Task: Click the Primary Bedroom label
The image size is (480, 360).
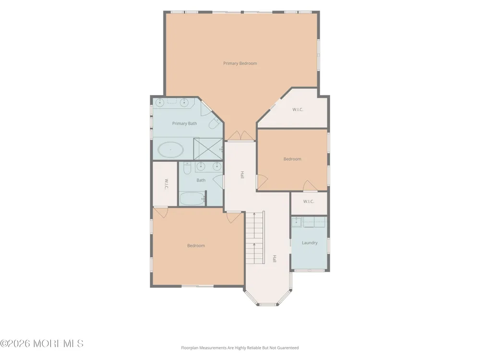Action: pyautogui.click(x=240, y=63)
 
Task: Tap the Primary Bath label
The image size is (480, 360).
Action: pyautogui.click(x=184, y=123)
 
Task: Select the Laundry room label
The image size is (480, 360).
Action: pyautogui.click(x=310, y=243)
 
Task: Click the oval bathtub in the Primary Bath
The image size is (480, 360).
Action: pyautogui.click(x=170, y=150)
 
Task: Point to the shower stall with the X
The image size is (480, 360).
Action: pyautogui.click(x=208, y=149)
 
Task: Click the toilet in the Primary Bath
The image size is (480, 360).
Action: pyautogui.click(x=215, y=122)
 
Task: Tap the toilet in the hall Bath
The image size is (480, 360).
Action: pyautogui.click(x=187, y=168)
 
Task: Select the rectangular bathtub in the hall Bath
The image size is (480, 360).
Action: pyautogui.click(x=192, y=199)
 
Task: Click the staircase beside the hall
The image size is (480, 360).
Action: pyautogui.click(x=255, y=237)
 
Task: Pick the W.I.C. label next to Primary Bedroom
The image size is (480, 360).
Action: pyautogui.click(x=298, y=109)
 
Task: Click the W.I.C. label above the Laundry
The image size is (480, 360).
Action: pyautogui.click(x=309, y=202)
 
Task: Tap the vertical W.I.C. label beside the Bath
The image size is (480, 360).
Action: pyautogui.click(x=166, y=184)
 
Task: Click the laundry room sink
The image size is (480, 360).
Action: pyautogui.click(x=296, y=222)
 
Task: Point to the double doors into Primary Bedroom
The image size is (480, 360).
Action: pyautogui.click(x=240, y=136)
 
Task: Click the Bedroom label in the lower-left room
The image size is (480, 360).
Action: pyautogui.click(x=196, y=245)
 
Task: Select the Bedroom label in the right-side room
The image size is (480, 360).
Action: pyautogui.click(x=292, y=159)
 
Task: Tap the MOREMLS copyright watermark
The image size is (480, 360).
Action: pyautogui.click(x=42, y=344)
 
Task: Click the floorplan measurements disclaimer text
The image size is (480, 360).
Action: pyautogui.click(x=240, y=348)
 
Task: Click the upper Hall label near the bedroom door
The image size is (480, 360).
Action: pyautogui.click(x=242, y=175)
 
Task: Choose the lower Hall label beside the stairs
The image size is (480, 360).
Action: pyautogui.click(x=275, y=259)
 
